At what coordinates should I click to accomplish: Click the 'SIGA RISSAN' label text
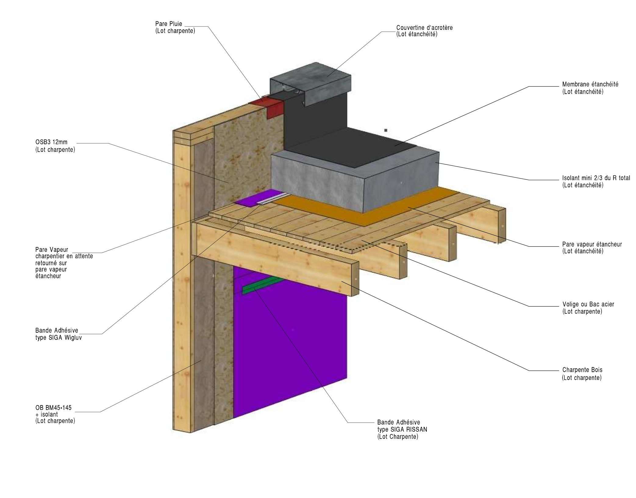(x=402, y=429)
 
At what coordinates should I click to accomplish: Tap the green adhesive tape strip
(x=262, y=285)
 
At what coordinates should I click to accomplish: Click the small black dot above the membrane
(x=386, y=130)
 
